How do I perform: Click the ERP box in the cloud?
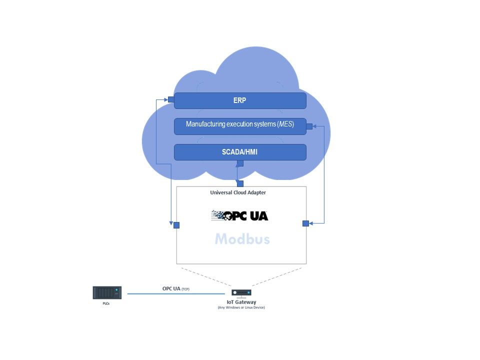240,100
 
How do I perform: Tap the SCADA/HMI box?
240,152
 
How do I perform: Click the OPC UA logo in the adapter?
239,215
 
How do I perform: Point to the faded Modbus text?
242,239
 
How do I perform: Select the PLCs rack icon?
107,293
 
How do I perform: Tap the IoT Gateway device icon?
241,293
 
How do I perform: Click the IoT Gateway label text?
241,302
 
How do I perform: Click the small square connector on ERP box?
171,99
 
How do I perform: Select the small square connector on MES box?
309,126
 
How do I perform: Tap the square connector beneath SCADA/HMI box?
240,163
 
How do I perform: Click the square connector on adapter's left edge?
176,225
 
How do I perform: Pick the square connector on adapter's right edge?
305,223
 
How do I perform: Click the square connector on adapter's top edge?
240,183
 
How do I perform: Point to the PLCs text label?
106,303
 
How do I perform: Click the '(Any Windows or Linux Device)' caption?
241,307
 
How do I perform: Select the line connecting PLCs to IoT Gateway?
175,294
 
